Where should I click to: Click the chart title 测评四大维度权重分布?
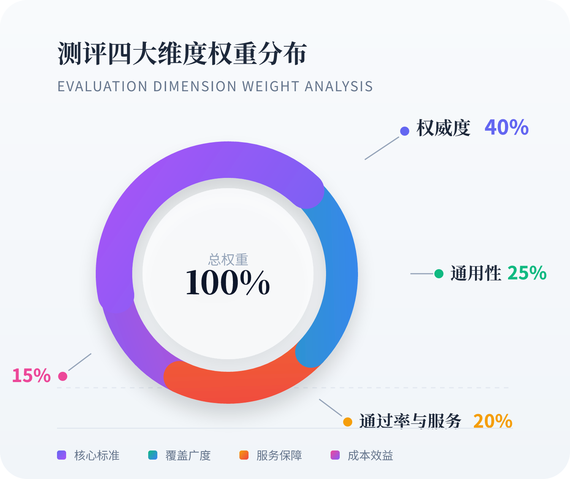182,54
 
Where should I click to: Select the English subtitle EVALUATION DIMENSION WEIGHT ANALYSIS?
215,87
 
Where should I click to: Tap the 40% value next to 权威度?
507,127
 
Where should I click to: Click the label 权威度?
443,128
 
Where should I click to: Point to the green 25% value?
527,273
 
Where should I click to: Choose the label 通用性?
476,273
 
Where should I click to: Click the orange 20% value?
493,421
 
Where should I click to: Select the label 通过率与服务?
410,421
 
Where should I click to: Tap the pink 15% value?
31,376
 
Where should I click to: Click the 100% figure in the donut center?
228,283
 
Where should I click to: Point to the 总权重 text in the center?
228,260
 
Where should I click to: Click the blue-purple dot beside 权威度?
405,131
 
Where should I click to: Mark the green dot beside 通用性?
439,273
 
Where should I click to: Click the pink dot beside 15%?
63,376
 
